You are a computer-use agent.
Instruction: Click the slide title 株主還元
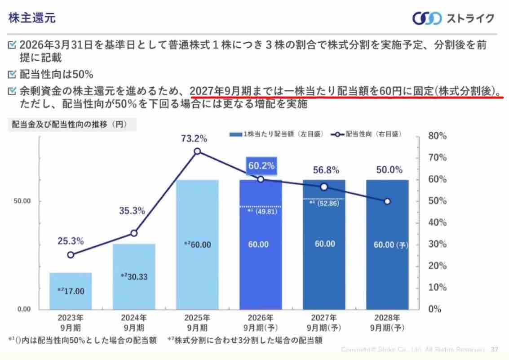pos(32,18)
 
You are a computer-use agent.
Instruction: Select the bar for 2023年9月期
pos(71,291)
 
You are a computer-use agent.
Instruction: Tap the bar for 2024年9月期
pos(134,276)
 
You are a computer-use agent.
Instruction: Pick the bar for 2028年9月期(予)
pos(387,244)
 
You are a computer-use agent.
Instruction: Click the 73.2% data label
pos(197,138)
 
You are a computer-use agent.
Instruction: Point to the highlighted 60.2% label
pos(261,166)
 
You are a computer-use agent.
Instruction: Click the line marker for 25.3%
pos(71,255)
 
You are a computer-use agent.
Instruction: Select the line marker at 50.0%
pos(387,201)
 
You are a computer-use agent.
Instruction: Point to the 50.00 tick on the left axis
pos(21,201)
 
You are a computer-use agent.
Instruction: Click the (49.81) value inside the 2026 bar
pos(263,211)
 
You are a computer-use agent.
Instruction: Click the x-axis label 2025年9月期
pos(197,322)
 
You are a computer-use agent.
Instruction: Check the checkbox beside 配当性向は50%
pos(12,74)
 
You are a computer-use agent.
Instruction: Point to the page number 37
pos(495,349)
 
